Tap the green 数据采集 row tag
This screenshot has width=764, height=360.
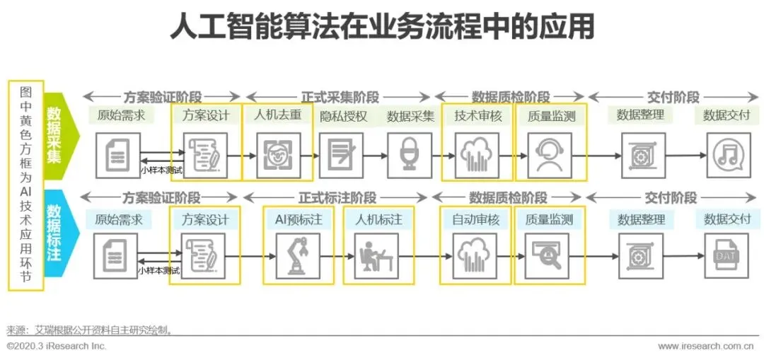(x=54, y=135)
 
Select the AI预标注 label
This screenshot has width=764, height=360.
(x=299, y=220)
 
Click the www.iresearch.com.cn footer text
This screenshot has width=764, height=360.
(x=705, y=346)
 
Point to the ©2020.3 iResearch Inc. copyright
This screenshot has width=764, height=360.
(x=57, y=346)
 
